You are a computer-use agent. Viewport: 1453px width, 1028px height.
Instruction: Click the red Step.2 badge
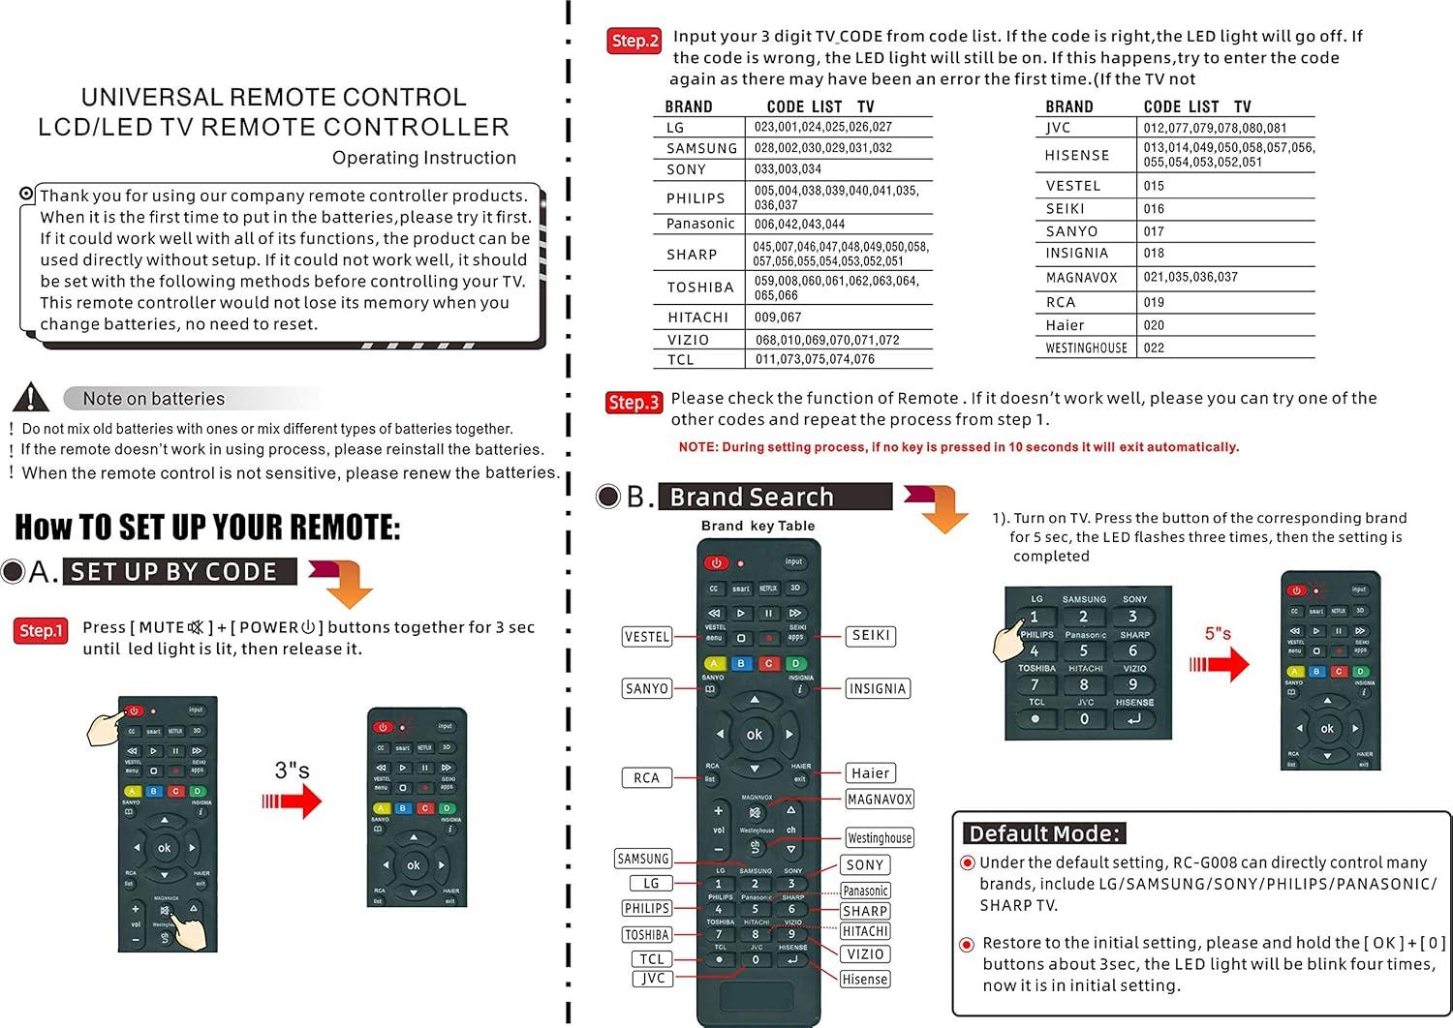(634, 41)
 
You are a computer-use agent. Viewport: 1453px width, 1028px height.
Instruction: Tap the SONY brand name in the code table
(686, 169)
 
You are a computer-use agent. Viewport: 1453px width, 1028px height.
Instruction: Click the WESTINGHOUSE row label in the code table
(1086, 348)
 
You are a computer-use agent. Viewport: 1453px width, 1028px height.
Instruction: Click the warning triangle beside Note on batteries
(31, 397)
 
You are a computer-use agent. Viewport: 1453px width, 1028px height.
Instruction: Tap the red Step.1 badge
(41, 631)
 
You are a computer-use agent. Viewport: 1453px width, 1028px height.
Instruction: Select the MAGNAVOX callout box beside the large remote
(880, 800)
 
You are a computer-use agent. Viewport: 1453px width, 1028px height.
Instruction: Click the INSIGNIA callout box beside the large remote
(877, 689)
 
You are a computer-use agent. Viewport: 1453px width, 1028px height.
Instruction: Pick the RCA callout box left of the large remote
(646, 778)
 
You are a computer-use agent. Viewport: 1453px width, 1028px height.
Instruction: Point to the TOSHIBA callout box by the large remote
(646, 935)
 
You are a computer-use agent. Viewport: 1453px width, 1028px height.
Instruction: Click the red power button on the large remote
(716, 562)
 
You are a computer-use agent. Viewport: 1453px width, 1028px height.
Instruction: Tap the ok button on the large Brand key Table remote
(755, 735)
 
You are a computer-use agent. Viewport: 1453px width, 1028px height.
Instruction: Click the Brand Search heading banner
(775, 497)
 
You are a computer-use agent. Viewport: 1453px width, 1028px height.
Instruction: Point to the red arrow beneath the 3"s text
(292, 801)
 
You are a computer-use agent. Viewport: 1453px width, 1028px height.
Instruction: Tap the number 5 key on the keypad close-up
(1084, 650)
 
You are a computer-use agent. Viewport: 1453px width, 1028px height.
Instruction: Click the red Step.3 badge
(634, 403)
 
